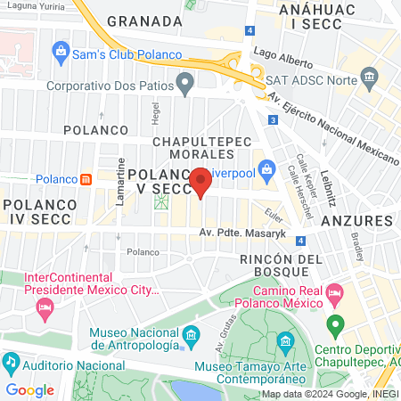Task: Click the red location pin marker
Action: [201, 182]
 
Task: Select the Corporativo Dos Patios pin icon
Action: [185, 86]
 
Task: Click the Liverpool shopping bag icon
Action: [266, 168]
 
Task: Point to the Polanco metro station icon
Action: [86, 178]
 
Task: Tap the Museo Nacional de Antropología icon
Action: [191, 337]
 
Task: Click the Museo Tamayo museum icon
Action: [285, 341]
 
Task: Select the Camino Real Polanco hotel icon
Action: [335, 292]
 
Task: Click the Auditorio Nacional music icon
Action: [11, 364]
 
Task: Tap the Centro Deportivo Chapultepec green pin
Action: [335, 324]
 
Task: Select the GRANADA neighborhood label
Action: [143, 20]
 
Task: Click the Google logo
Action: [29, 389]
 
